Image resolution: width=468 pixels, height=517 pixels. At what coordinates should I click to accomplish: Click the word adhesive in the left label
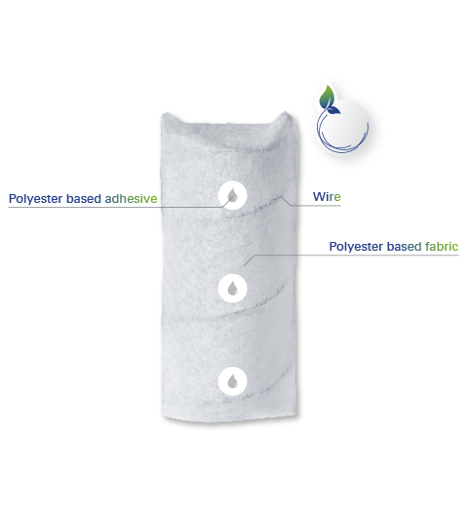(x=131, y=198)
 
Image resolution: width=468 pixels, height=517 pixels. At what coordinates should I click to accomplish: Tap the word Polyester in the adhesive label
(x=36, y=199)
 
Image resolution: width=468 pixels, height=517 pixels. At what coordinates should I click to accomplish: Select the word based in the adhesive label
(x=84, y=198)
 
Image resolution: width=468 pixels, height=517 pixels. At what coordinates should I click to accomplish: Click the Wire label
(x=327, y=197)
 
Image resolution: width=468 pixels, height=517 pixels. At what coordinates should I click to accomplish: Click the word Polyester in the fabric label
(x=356, y=247)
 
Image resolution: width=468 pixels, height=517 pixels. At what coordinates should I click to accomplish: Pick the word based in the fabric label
(x=404, y=246)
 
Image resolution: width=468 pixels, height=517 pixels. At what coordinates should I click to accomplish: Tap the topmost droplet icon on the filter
(x=233, y=195)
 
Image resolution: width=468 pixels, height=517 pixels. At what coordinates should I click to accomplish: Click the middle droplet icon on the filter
(x=233, y=288)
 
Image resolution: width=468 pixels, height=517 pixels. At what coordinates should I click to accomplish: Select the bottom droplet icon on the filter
(x=233, y=381)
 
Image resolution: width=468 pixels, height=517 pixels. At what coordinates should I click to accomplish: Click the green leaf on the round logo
(x=327, y=97)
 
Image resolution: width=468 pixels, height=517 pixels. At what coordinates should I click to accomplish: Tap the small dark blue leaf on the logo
(x=335, y=110)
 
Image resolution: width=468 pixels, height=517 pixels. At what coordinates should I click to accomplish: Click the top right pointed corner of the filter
(x=286, y=112)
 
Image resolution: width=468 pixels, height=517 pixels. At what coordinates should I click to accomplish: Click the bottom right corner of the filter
(x=296, y=415)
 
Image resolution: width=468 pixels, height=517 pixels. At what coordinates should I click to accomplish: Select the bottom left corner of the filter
(x=163, y=418)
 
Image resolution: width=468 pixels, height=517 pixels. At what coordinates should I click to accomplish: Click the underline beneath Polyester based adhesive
(x=115, y=208)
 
